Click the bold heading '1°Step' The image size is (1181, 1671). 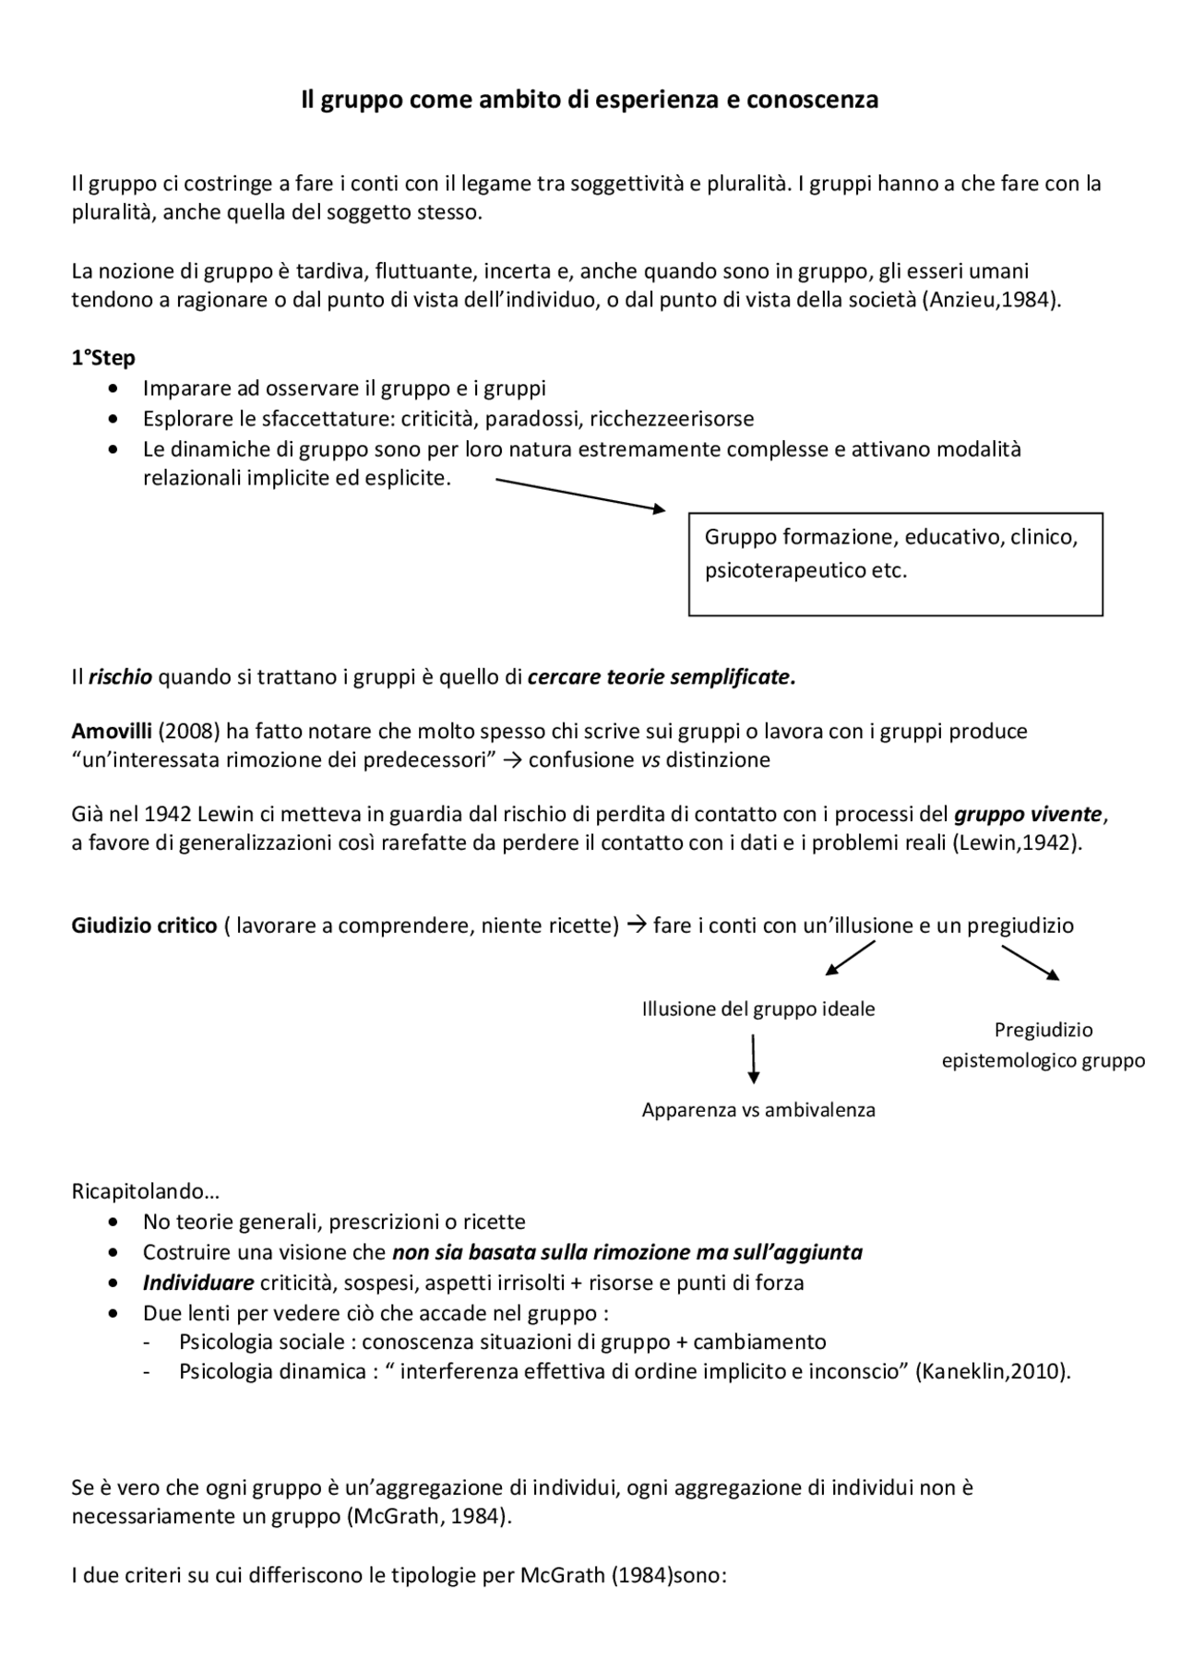103,358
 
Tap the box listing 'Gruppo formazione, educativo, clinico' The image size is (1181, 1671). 895,564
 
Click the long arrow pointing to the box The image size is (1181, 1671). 579,495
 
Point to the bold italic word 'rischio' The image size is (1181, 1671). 120,677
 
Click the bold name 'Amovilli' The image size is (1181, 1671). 112,732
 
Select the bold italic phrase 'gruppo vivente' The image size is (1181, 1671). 1028,815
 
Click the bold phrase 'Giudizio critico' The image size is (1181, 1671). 144,925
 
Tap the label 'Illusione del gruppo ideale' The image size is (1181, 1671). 758,1009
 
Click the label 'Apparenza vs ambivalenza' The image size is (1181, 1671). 758,1110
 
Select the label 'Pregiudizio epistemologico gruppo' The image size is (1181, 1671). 1043,1045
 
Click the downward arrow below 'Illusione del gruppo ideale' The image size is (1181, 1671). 754,1058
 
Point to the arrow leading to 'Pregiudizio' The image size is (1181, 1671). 1030,961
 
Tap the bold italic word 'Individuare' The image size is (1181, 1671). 197,1283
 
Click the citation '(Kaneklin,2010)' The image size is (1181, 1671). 993,1371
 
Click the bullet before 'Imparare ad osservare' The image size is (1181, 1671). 113,388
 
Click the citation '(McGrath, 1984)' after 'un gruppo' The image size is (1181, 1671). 428,1517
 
